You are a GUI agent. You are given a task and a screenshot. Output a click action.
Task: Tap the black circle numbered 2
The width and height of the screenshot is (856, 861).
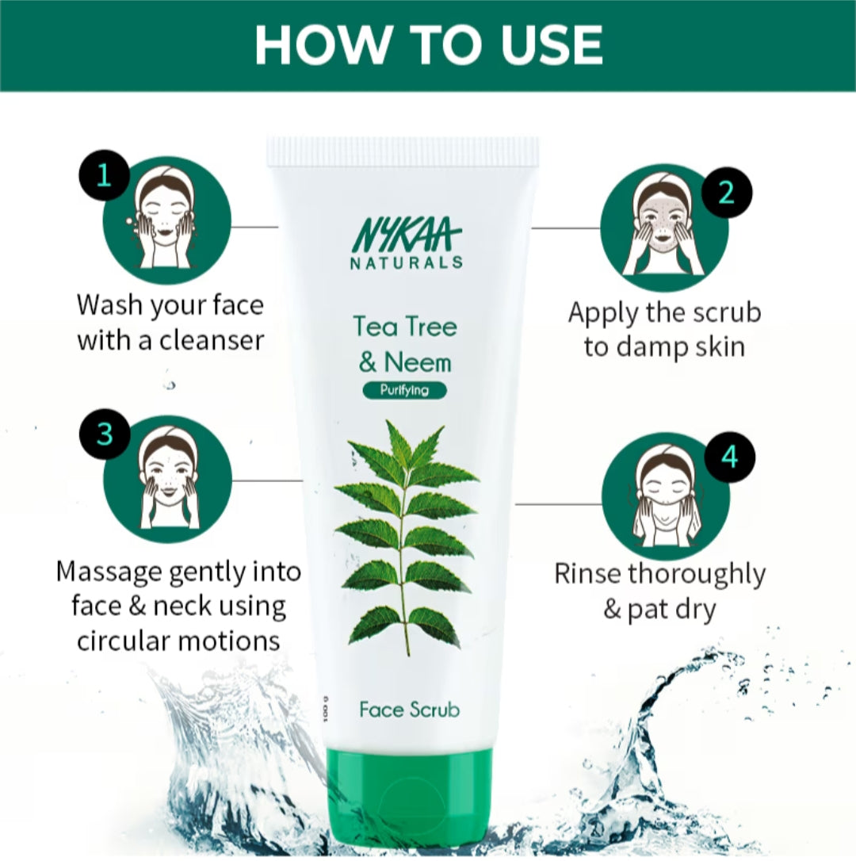pyautogui.click(x=727, y=193)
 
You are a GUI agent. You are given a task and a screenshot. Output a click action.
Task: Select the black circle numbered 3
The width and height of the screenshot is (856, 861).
pyautogui.click(x=105, y=434)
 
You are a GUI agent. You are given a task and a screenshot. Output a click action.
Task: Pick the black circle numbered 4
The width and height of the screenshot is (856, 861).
pyautogui.click(x=729, y=457)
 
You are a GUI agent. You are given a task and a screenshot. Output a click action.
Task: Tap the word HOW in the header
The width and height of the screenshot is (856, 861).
pyautogui.click(x=323, y=45)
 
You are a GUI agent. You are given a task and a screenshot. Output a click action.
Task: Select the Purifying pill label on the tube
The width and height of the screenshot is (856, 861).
pyautogui.click(x=405, y=390)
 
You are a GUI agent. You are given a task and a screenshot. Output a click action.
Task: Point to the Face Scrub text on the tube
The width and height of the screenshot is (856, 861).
pyautogui.click(x=410, y=710)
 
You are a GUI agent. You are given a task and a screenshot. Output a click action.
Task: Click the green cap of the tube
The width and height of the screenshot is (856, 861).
pyautogui.click(x=409, y=802)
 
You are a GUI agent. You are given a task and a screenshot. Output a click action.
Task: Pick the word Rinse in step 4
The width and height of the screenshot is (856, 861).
pyautogui.click(x=587, y=574)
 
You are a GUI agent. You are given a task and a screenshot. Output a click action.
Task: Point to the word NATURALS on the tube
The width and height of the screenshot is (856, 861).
pyautogui.click(x=407, y=262)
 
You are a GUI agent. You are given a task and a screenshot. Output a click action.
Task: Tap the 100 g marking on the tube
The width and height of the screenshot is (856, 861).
pyautogui.click(x=326, y=708)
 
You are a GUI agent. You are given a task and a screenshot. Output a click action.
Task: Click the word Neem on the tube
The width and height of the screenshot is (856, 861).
pyautogui.click(x=417, y=363)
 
